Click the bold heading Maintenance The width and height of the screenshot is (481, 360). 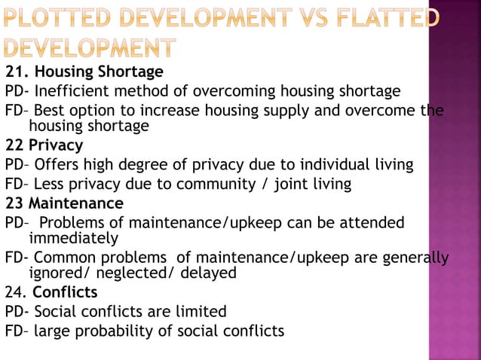(75, 203)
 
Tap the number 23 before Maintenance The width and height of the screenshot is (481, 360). (14, 203)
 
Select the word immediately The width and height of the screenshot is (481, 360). (73, 239)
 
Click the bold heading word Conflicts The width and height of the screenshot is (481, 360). (65, 292)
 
